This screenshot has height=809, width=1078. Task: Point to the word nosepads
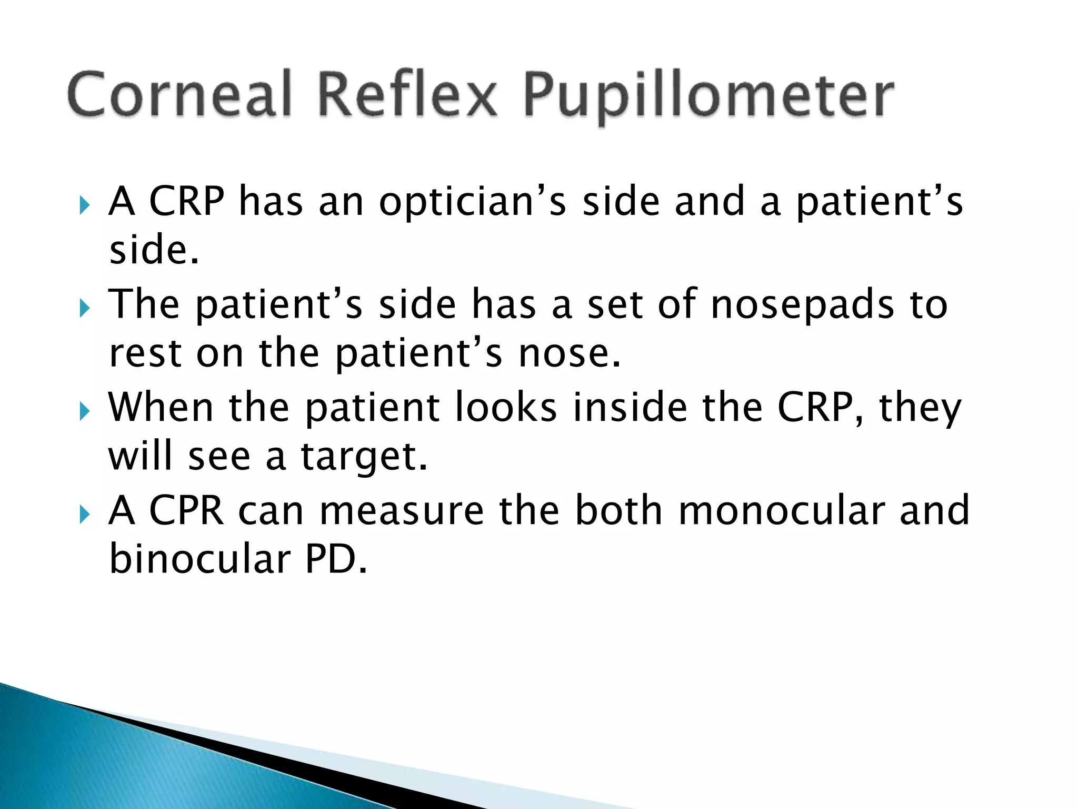[802, 305]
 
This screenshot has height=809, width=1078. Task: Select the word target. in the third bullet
[364, 457]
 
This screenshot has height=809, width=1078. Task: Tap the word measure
[401, 510]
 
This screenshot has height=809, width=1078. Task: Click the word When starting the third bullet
[161, 408]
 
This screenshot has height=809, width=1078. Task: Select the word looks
[506, 408]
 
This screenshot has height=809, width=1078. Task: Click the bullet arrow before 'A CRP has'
[85, 205]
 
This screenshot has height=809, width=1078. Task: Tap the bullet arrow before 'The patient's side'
[85, 308]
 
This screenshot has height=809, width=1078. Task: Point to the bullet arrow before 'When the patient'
[85, 410]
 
